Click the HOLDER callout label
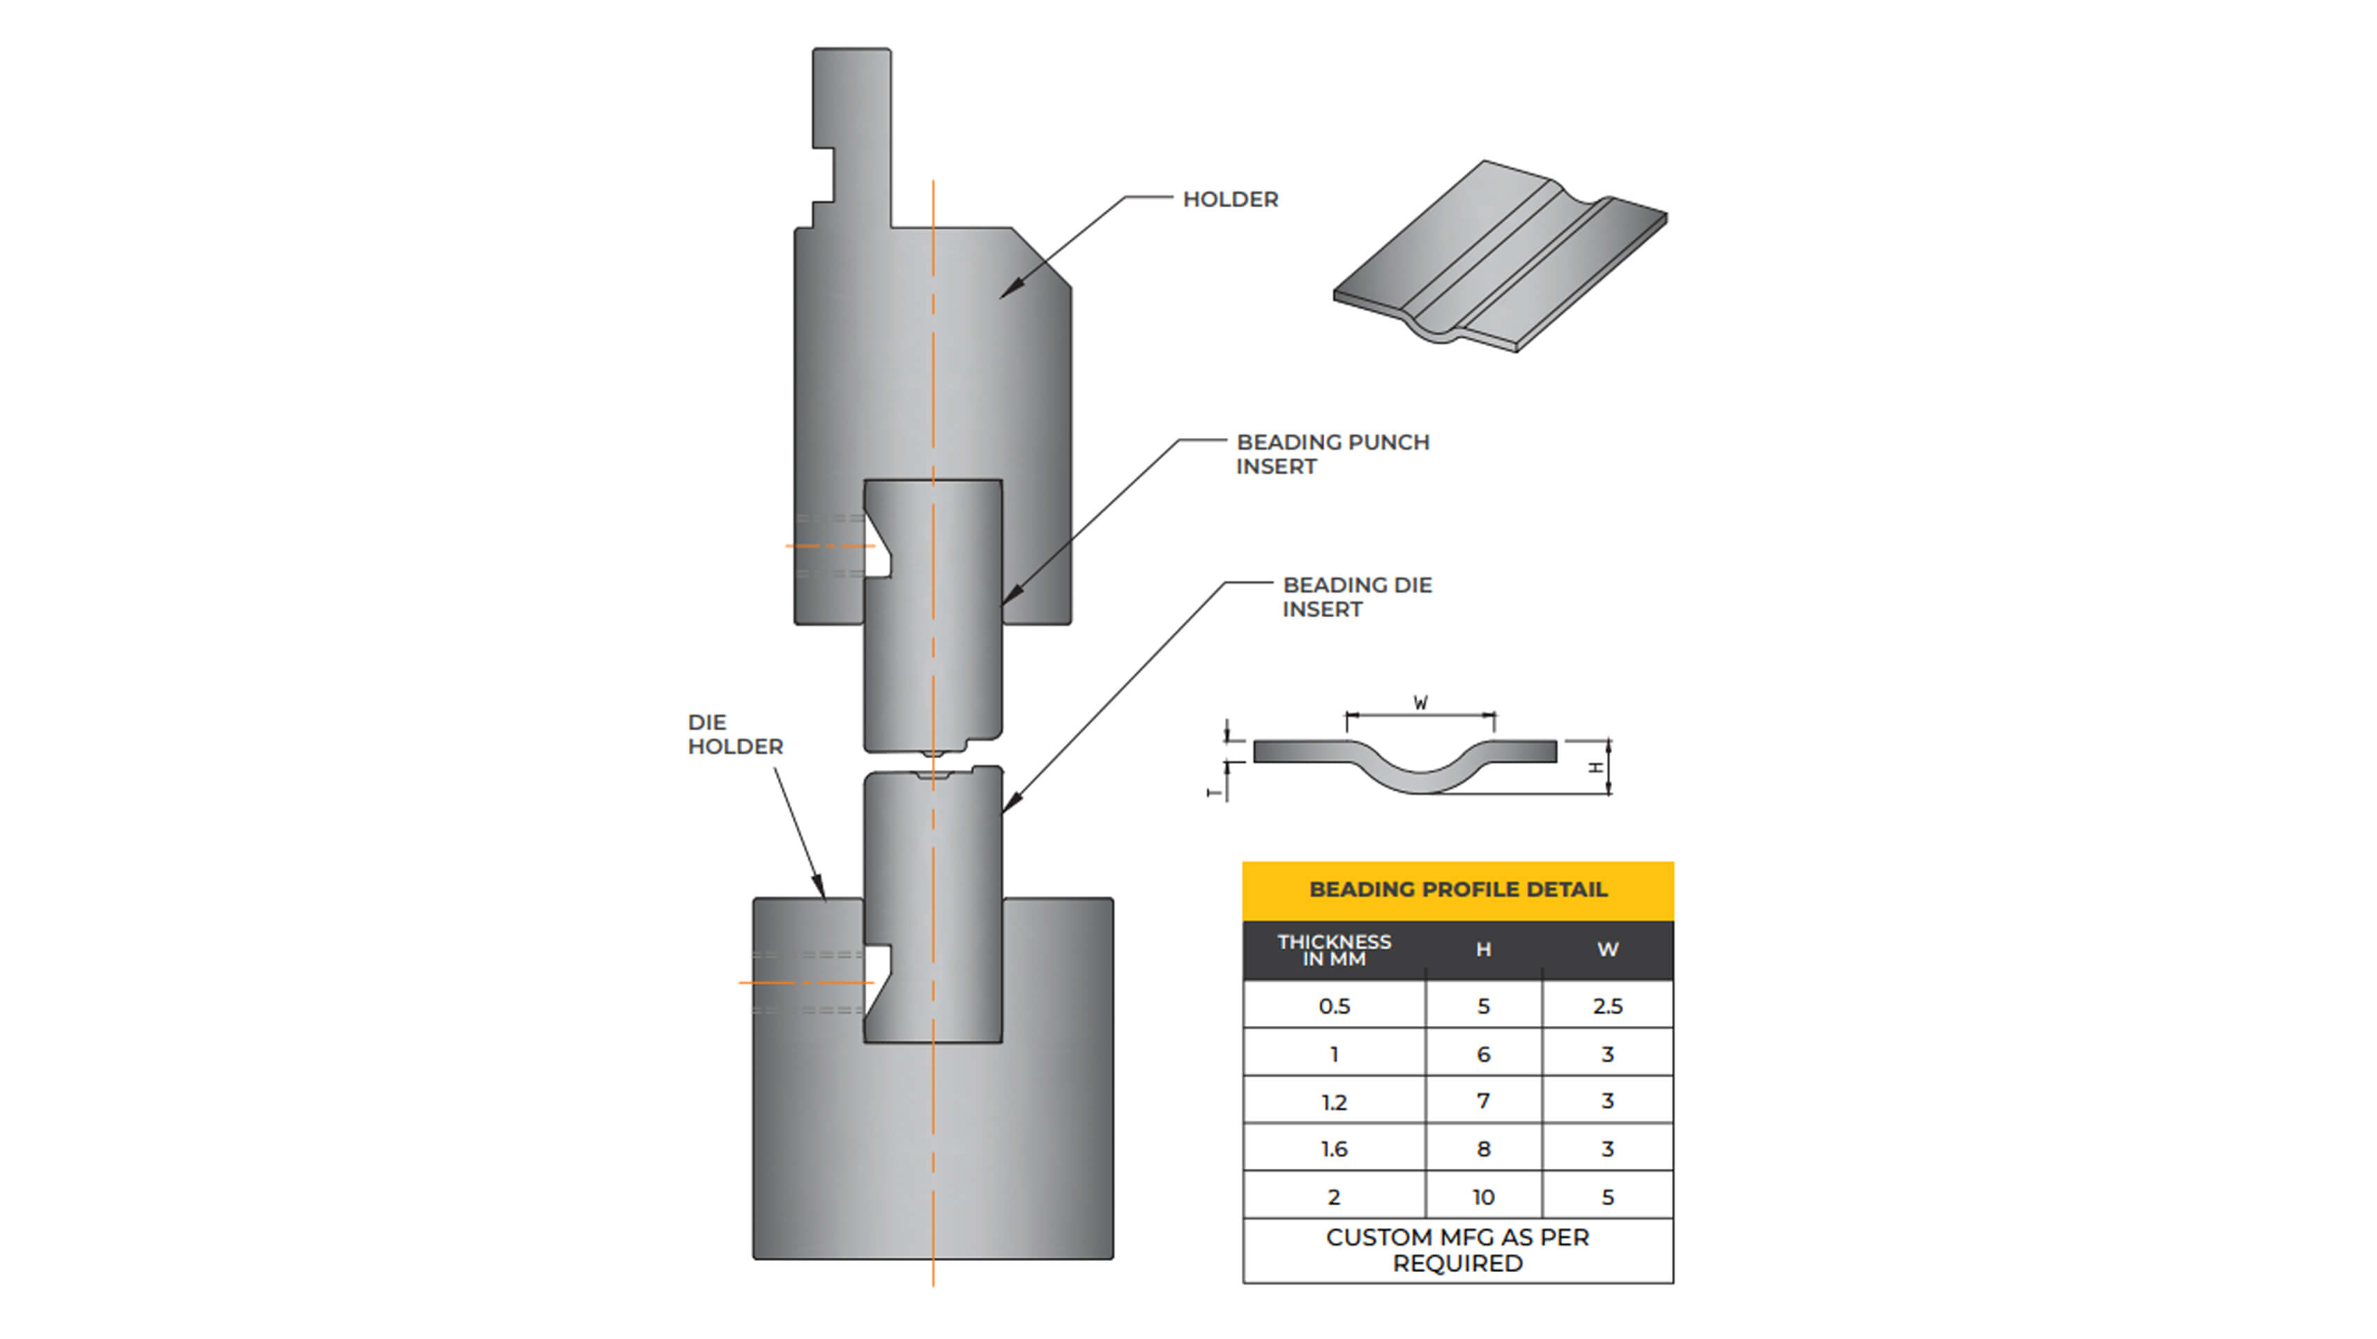pyautogui.click(x=1230, y=199)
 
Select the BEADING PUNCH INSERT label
pyautogui.click(x=1332, y=454)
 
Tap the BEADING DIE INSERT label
pyautogui.click(x=1356, y=597)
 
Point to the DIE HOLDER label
pyautogui.click(x=734, y=734)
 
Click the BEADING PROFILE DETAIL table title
pyautogui.click(x=1458, y=890)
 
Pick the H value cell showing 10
pyautogui.click(x=1483, y=1197)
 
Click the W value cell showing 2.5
pyautogui.click(x=1607, y=1006)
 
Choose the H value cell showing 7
pyautogui.click(x=1483, y=1101)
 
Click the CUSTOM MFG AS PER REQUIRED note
pyautogui.click(x=1458, y=1250)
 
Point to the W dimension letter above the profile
pyautogui.click(x=1421, y=703)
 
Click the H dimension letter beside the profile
pyautogui.click(x=1595, y=767)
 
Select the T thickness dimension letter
pyautogui.click(x=1215, y=792)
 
